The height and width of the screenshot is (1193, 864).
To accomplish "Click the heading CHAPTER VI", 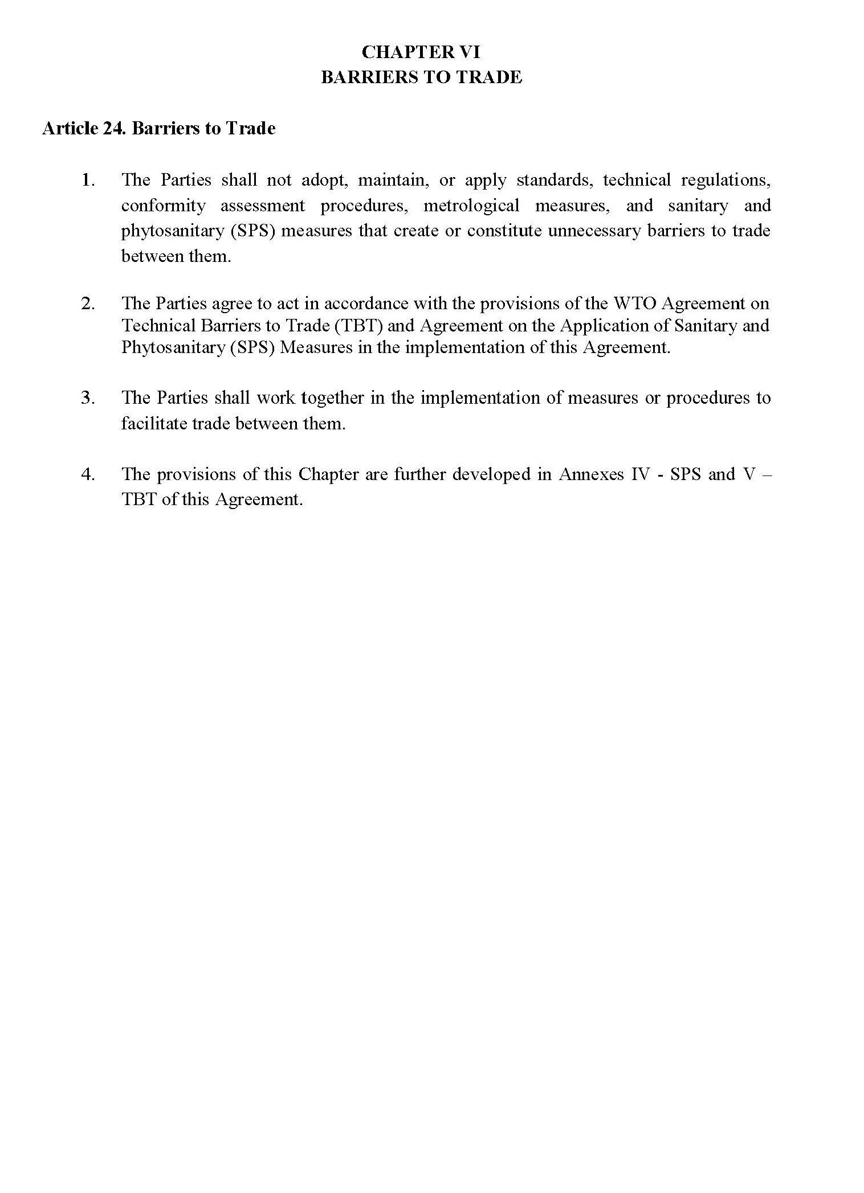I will click(x=421, y=52).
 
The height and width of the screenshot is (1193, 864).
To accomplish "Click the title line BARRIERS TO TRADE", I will click(x=421, y=77).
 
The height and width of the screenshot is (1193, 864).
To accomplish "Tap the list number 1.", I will click(x=88, y=181).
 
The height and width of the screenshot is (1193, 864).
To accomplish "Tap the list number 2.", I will click(x=88, y=304).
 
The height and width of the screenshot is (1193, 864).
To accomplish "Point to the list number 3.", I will click(x=88, y=397).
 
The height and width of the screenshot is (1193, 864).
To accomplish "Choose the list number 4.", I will click(x=88, y=474).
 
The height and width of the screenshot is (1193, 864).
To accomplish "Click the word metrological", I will click(x=471, y=206).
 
